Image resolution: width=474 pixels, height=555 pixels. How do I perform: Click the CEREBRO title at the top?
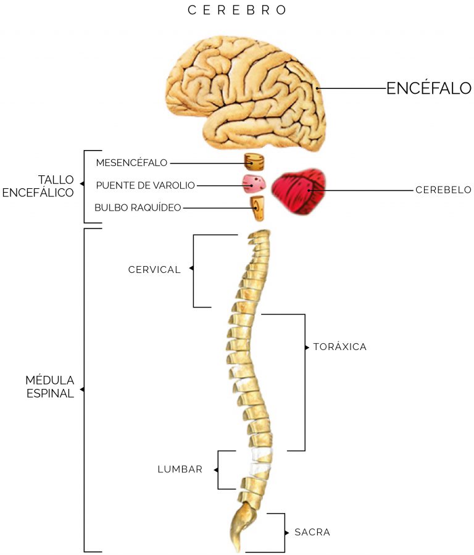(238, 10)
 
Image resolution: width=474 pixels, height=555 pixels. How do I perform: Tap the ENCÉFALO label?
(429, 88)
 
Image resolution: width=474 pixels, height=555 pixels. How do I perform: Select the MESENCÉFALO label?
(131, 163)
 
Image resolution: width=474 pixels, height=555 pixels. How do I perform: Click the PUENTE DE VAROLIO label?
(145, 185)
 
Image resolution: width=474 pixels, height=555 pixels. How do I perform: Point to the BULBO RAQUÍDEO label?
(138, 207)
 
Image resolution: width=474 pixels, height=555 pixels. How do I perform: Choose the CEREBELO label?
(443, 190)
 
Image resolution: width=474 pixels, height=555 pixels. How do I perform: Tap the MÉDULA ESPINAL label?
(50, 386)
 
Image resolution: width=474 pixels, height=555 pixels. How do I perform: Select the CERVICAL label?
(154, 269)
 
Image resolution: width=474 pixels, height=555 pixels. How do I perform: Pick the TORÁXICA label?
(339, 347)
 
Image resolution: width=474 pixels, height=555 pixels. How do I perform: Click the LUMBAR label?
(180, 469)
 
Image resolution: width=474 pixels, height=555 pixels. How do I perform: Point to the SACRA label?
(312, 532)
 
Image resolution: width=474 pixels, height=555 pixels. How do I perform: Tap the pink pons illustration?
(254, 183)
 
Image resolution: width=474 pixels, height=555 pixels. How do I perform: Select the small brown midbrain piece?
(254, 162)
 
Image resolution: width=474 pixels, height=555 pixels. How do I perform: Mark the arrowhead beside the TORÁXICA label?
(307, 348)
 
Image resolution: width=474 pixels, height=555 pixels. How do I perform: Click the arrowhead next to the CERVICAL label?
(191, 269)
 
